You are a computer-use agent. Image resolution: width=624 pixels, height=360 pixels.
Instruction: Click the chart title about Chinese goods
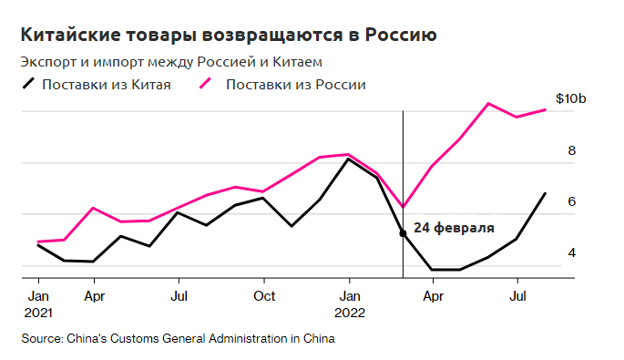coord(229,36)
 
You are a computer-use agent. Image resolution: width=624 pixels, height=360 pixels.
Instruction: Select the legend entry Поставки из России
coord(295,85)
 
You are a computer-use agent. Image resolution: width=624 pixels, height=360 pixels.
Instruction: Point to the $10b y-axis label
coord(570,99)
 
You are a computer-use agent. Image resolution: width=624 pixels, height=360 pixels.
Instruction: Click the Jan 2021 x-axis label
coord(37,304)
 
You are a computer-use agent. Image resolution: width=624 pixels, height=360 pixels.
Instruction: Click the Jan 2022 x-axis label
coord(348,304)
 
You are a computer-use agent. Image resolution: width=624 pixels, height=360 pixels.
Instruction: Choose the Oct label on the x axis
coord(264,296)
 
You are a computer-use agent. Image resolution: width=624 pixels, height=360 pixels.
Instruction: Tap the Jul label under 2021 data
coord(179,296)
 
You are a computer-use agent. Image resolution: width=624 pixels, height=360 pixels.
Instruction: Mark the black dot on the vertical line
coord(403,233)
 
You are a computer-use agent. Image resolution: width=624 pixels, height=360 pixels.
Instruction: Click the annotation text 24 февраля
coord(454,228)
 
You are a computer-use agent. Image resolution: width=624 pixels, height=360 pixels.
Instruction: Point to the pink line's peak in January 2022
coord(347,154)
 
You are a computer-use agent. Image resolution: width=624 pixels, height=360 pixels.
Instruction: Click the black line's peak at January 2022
coord(347,159)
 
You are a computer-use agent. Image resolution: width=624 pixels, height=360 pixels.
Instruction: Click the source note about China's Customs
coord(179,339)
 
